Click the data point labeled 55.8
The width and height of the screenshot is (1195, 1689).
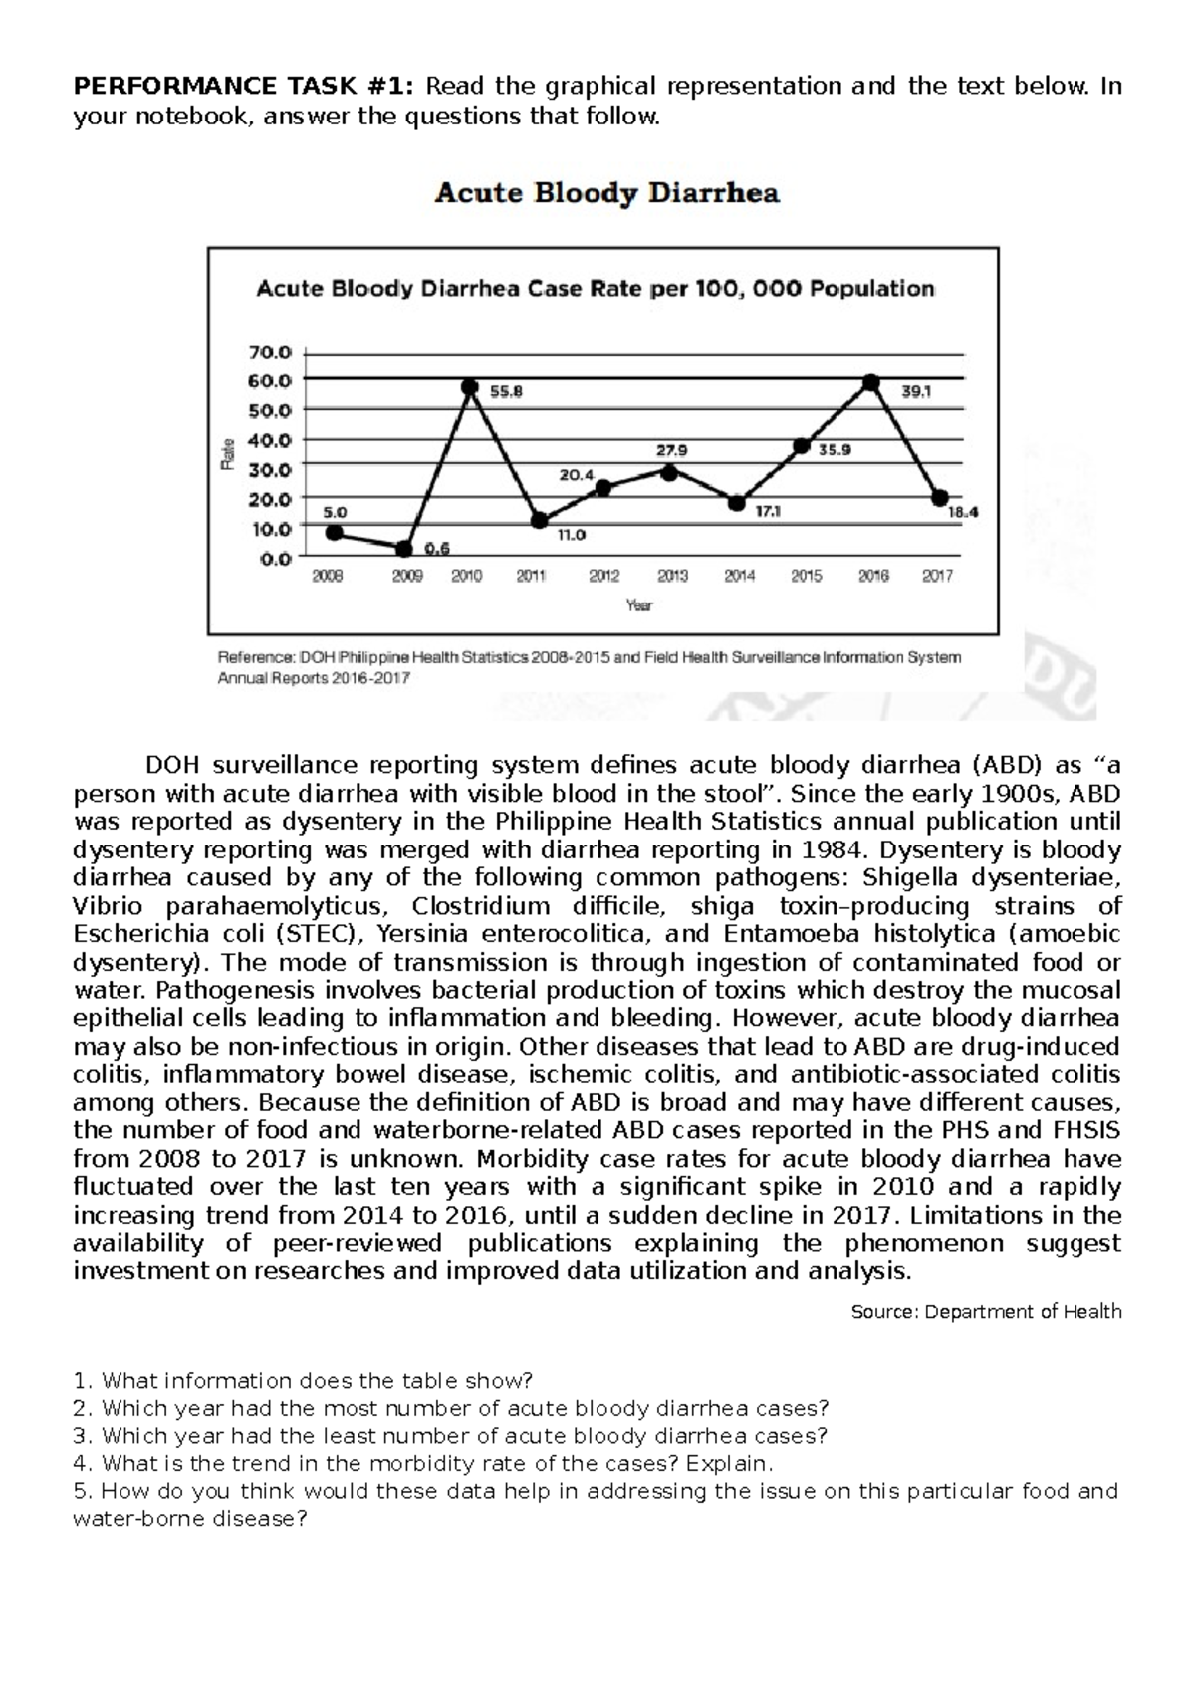(471, 387)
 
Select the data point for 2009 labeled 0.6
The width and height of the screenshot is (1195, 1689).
(403, 549)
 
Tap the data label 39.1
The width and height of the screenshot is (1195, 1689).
(916, 392)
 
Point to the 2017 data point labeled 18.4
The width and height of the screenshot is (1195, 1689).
(939, 498)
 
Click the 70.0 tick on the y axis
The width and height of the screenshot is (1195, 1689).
(276, 352)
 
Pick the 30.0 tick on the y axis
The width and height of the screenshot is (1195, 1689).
(276, 469)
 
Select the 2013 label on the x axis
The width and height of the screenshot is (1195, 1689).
(672, 576)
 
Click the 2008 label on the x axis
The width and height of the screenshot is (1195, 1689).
(328, 576)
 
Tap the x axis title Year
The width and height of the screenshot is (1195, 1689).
(638, 604)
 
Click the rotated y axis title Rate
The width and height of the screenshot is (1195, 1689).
(228, 454)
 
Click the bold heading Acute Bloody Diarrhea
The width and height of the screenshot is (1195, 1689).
(606, 193)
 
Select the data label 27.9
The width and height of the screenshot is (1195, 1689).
(671, 449)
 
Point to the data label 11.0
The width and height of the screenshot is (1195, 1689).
(571, 535)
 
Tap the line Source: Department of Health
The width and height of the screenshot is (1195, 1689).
(986, 1312)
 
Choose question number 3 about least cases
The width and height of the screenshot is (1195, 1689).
(450, 1436)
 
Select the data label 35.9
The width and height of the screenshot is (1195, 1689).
(835, 450)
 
